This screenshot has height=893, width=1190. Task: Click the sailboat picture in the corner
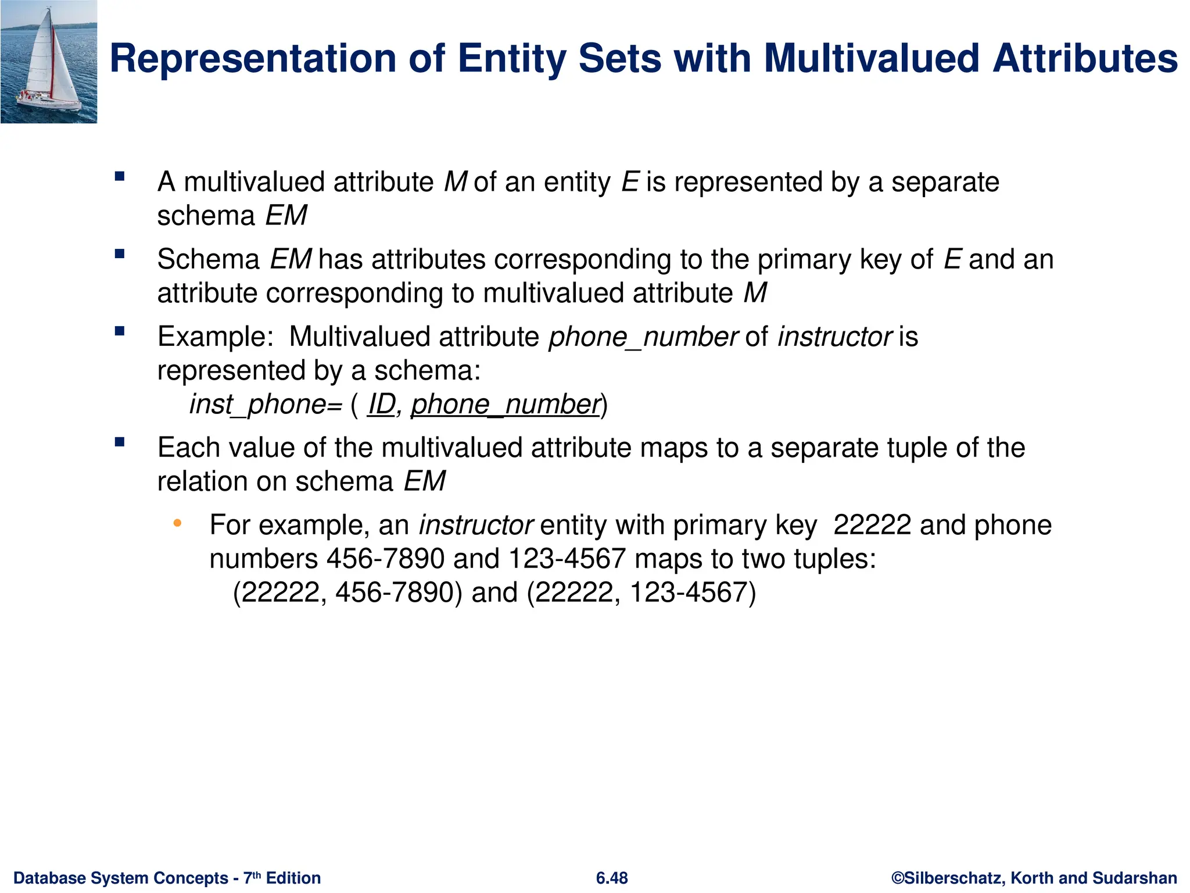49,62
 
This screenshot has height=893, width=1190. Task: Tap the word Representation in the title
253,59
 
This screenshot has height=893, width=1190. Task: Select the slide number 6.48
611,878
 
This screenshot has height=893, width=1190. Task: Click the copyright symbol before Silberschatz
898,878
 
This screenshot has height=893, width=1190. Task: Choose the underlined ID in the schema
382,404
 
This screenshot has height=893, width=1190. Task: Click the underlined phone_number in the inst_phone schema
504,404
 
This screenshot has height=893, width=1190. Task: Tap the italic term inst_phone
258,404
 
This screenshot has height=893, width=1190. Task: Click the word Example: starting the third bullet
215,337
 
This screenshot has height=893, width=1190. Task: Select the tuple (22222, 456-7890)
347,592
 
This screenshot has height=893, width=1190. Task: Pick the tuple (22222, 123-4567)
641,592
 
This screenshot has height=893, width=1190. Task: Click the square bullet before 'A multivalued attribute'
120,177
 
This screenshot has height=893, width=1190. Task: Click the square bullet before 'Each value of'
120,442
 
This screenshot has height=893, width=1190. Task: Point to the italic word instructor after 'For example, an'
476,525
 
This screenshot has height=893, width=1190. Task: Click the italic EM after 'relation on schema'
424,481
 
